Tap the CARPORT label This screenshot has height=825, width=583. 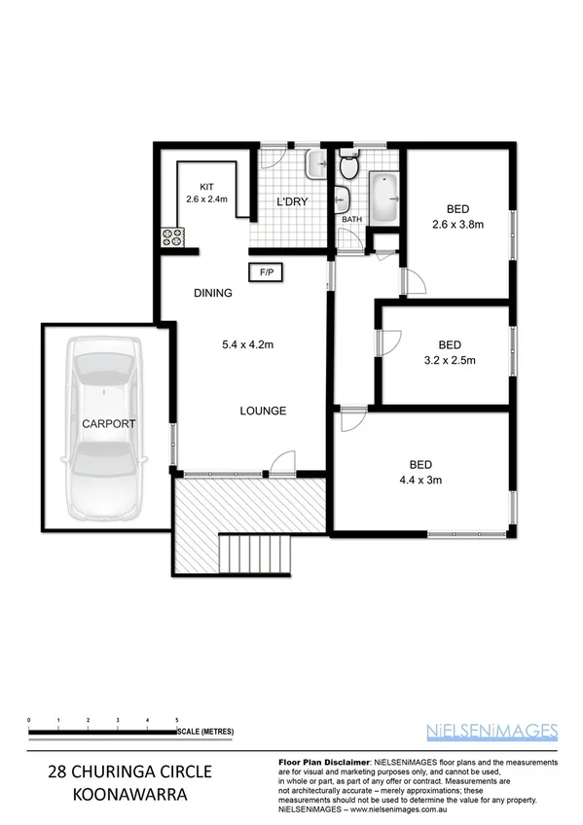pos(108,424)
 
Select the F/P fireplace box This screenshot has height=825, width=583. pos(266,273)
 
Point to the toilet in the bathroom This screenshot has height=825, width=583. pos(347,167)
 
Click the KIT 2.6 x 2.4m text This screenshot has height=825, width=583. pos(206,194)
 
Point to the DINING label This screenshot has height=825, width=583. pos(212,293)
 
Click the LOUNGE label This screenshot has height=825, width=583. pos(263,412)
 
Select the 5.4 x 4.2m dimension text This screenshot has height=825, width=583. pos(247,344)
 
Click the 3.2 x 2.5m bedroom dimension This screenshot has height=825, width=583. pos(449,361)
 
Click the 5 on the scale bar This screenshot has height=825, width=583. pos(176,719)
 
